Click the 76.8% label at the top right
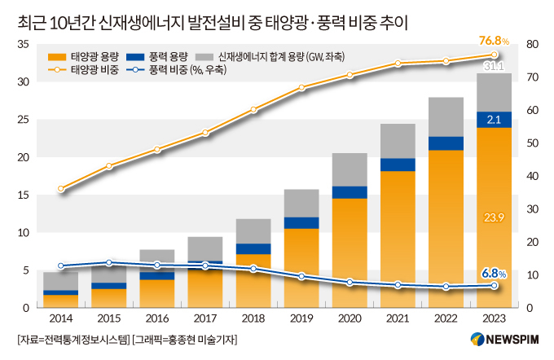(x=494, y=40)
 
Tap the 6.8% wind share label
(x=494, y=272)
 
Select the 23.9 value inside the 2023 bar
(x=494, y=217)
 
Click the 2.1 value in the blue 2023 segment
(x=494, y=120)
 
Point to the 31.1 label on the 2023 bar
(x=494, y=66)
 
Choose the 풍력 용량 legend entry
(x=165, y=55)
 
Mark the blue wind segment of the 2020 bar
(x=350, y=192)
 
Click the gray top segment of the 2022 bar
(x=446, y=116)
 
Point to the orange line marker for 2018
(x=253, y=109)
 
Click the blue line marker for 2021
(x=398, y=285)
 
